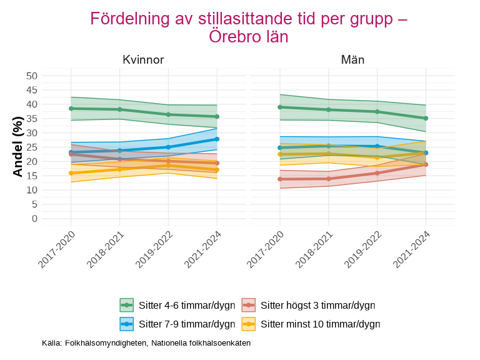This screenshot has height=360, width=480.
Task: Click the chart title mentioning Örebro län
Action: (249, 27)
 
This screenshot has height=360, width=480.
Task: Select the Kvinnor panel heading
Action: (143, 60)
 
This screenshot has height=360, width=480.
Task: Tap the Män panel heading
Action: (352, 60)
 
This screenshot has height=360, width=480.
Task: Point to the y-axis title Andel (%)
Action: (17, 147)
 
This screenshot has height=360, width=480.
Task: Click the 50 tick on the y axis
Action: (32, 76)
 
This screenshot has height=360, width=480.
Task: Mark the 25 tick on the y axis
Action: (32, 147)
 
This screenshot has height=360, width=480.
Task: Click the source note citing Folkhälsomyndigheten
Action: (146, 343)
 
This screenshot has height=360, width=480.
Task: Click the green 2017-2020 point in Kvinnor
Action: (71, 108)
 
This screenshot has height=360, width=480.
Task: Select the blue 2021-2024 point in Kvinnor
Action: (217, 139)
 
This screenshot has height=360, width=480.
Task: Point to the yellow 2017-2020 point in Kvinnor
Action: (71, 173)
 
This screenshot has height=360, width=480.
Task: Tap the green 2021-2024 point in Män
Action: (426, 118)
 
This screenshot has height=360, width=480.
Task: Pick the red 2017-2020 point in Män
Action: (280, 179)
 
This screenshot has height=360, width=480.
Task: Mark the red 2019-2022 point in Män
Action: (377, 173)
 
